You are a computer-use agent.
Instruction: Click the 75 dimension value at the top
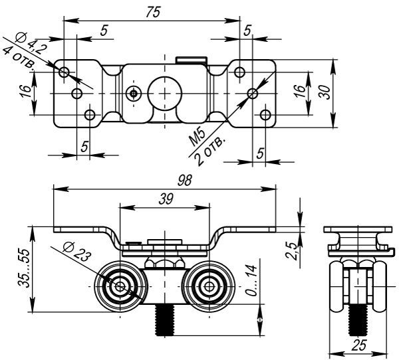[x=153, y=12]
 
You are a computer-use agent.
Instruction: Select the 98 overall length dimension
[x=184, y=181]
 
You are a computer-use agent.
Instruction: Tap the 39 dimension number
[x=166, y=199]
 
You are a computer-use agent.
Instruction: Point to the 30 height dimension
[x=325, y=92]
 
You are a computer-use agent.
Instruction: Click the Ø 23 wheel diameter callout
[x=76, y=252]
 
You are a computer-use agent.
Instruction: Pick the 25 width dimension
[x=358, y=345]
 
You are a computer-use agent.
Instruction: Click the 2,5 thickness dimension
[x=291, y=251]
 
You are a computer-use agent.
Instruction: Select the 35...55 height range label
[x=24, y=268]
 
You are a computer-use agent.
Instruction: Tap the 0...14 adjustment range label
[x=251, y=280]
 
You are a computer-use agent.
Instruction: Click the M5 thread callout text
[x=197, y=138]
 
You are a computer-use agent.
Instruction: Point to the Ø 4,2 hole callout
[x=31, y=43]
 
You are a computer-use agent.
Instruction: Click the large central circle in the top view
[x=165, y=93]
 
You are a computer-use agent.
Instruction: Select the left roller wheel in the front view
[x=120, y=287]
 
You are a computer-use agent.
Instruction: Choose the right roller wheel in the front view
[x=209, y=287]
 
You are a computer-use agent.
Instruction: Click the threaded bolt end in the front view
[x=165, y=320]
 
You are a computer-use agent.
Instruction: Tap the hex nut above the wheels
[x=165, y=262]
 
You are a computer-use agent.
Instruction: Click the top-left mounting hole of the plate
[x=64, y=72]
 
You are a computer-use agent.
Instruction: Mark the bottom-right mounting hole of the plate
[x=265, y=115]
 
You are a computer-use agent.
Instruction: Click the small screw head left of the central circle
[x=134, y=94]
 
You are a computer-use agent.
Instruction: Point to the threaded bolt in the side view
[x=358, y=320]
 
